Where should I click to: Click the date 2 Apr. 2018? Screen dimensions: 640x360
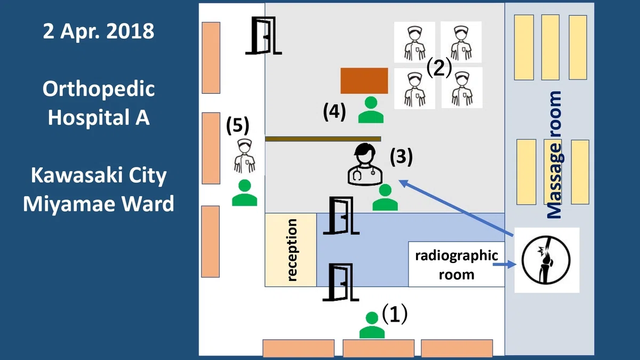click(x=99, y=31)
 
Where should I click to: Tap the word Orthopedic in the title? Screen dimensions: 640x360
click(x=99, y=89)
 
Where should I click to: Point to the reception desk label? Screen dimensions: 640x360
click(x=292, y=250)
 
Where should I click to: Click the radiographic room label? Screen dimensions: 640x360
click(x=457, y=265)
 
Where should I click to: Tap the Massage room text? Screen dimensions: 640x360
click(x=555, y=155)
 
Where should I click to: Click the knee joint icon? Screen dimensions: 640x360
click(x=546, y=260)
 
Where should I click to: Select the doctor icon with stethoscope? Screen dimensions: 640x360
click(x=365, y=164)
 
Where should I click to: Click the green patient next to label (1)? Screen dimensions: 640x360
click(x=372, y=325)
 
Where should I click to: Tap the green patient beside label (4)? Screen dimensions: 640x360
click(x=371, y=110)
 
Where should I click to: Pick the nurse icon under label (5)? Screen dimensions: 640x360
click(x=245, y=156)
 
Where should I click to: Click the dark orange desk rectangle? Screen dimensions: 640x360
click(x=364, y=81)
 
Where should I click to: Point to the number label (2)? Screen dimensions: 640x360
click(x=439, y=68)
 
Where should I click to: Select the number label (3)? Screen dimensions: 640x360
click(x=402, y=157)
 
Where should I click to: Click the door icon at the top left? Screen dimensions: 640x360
click(x=263, y=35)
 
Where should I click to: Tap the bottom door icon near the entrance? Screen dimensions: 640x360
click(x=341, y=282)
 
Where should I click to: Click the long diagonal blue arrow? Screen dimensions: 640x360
click(x=456, y=207)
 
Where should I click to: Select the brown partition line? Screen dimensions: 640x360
click(x=323, y=139)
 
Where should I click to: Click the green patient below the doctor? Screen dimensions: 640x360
click(x=385, y=197)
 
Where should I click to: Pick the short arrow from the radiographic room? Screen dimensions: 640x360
click(x=505, y=265)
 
